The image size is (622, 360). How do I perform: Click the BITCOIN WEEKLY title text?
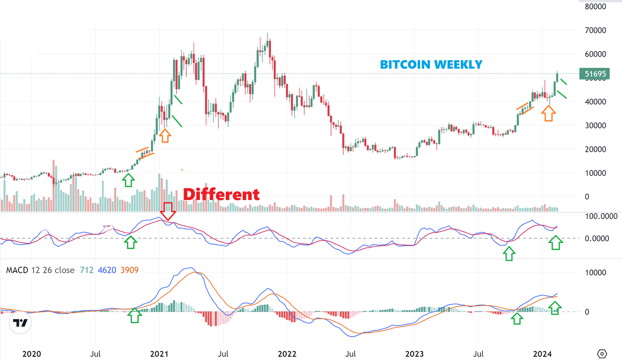point(431,65)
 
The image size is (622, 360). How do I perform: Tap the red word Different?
point(221,195)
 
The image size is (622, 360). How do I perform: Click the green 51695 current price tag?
point(594,73)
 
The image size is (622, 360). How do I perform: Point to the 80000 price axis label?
point(596,6)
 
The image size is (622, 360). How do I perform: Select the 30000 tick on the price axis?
point(596,125)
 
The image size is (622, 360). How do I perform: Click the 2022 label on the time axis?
point(287,354)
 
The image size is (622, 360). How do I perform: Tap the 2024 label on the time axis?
point(542,354)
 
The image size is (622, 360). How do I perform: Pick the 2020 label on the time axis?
point(31,354)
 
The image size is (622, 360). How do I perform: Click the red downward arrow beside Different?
point(168,211)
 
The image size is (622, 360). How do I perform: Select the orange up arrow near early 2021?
point(165,135)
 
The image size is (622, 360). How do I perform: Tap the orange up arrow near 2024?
point(548,113)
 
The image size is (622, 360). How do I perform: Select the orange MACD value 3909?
point(129,270)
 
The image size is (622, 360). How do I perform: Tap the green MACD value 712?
point(87,270)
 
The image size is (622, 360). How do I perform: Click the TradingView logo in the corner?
point(20,323)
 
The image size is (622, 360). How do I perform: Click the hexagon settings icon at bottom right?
point(602,354)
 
